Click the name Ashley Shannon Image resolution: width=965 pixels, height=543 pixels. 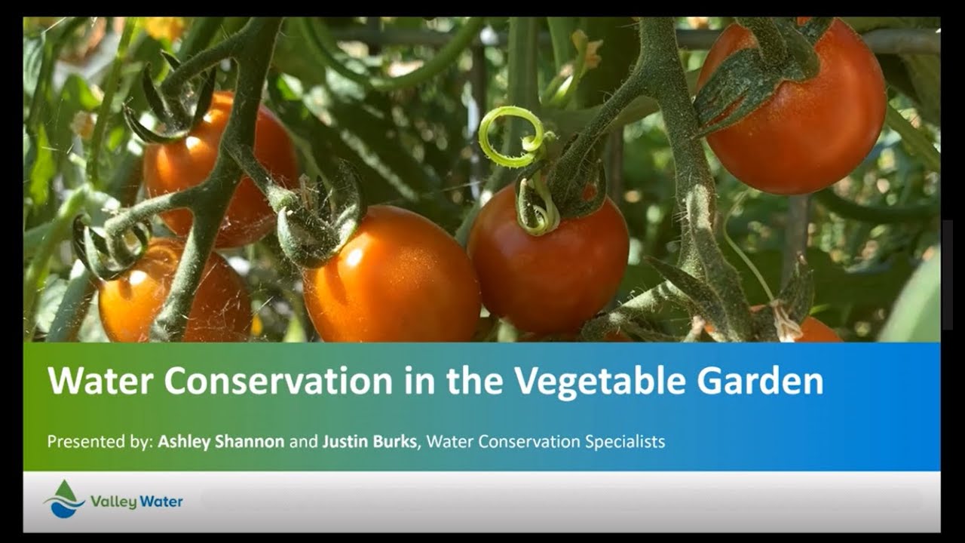(221, 441)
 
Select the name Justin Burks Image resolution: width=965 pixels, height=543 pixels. (369, 441)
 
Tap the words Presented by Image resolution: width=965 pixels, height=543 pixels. (100, 441)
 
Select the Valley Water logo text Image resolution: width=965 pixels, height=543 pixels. (136, 501)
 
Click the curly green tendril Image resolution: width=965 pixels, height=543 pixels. (513, 136)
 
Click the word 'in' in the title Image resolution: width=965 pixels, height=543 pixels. (419, 381)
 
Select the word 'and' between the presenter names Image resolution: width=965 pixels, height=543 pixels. (304, 441)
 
